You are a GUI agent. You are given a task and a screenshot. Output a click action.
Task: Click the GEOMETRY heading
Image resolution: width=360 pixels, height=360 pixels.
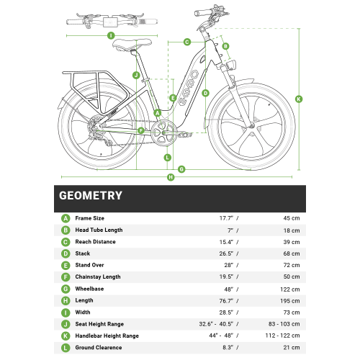click(x=90, y=195)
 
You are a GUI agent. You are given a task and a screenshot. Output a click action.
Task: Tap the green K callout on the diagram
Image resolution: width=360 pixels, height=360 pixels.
click(x=299, y=99)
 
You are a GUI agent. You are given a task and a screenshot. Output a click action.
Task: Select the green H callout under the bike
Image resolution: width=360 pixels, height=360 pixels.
click(x=171, y=177)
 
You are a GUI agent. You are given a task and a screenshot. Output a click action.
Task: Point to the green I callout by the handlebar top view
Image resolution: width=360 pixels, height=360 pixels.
click(x=110, y=34)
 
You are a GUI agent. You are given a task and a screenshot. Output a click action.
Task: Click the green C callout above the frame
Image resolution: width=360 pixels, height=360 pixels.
click(x=186, y=42)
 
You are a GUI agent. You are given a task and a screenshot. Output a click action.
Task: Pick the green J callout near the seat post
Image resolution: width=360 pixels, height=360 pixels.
click(x=135, y=75)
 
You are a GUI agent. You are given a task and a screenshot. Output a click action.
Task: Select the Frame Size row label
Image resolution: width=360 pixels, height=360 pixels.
click(x=90, y=218)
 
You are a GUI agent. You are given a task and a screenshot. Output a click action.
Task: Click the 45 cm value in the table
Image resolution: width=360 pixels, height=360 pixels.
click(x=291, y=218)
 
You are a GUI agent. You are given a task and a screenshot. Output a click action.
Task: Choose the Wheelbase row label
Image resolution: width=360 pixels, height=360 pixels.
click(x=90, y=288)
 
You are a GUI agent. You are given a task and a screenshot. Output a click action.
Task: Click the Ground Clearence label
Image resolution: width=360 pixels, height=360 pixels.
click(x=99, y=346)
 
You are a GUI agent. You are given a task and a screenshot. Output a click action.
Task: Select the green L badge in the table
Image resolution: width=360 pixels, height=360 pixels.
click(x=66, y=346)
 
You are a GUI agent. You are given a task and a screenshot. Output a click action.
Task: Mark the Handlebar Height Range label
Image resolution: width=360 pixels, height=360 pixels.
click(x=107, y=335)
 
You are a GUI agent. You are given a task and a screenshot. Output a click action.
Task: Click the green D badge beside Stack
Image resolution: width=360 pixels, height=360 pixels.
click(x=66, y=253)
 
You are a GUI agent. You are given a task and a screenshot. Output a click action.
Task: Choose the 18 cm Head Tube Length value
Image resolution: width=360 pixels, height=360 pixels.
click(x=291, y=230)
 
